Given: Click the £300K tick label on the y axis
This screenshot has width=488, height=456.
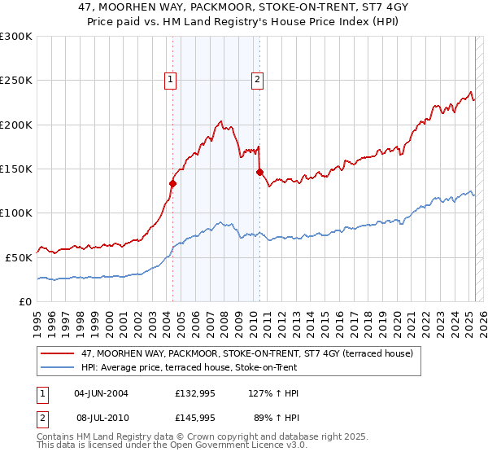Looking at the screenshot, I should point(16,37).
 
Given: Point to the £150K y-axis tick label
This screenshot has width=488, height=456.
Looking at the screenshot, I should point(16,169).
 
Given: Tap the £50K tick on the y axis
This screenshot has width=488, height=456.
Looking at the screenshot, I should point(19,256).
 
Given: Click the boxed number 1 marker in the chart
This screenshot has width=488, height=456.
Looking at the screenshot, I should point(170,79).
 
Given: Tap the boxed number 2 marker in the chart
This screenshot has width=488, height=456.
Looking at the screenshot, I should point(257,79).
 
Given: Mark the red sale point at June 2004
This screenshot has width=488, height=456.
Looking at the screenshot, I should point(172,184).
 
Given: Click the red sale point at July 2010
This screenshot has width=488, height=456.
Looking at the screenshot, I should point(259,173).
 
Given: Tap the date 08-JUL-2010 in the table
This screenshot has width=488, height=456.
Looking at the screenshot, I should point(101,416).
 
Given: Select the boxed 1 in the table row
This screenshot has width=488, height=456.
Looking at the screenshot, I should point(43,393).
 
